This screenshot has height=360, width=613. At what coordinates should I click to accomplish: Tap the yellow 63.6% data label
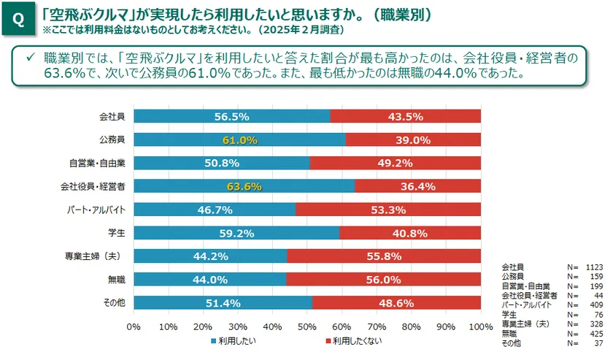(x=244, y=186)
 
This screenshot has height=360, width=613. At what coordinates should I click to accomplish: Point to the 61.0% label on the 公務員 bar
(x=240, y=139)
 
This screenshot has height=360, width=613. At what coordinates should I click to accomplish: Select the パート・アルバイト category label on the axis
(x=96, y=210)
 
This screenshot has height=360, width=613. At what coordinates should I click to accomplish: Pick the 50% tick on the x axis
(x=306, y=326)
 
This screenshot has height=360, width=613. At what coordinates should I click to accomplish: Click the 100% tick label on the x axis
(x=480, y=326)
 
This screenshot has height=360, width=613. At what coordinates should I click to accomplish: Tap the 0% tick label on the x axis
(x=134, y=326)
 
